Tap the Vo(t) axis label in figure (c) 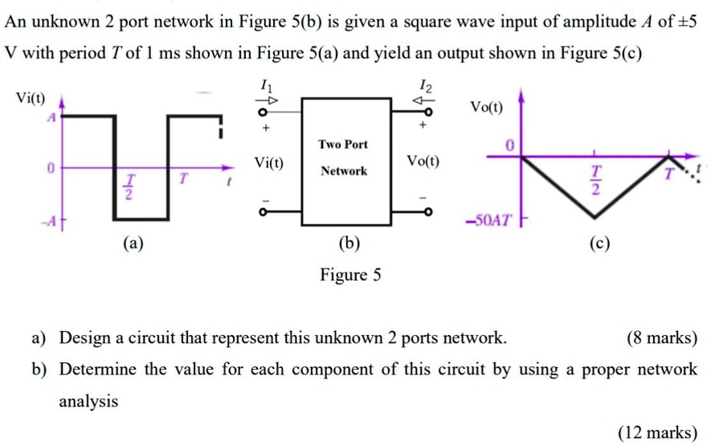pyautogui.click(x=487, y=107)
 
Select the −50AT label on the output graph pyautogui.click(x=488, y=219)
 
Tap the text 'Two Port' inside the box pyautogui.click(x=343, y=145)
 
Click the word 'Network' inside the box pyautogui.click(x=344, y=171)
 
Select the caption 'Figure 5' pyautogui.click(x=351, y=276)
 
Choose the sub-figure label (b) pyautogui.click(x=350, y=243)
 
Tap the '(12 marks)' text pyautogui.click(x=657, y=433)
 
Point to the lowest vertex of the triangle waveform pyautogui.click(x=594, y=216)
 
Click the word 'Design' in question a pyautogui.click(x=84, y=338)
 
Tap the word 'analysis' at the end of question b pyautogui.click(x=88, y=401)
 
